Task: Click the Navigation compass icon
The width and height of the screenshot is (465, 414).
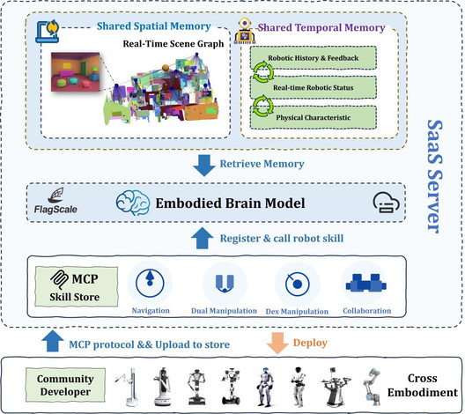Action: pos(150,283)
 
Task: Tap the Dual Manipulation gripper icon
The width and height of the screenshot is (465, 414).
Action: pos(225,284)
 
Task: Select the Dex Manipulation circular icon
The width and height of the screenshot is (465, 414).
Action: pos(297,284)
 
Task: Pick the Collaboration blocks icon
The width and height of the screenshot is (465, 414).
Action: pos(366,282)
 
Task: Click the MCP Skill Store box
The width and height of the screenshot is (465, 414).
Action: pos(77,286)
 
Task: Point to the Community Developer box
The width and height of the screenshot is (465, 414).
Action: pos(65,385)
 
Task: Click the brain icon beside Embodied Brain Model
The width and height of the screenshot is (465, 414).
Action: pos(133,203)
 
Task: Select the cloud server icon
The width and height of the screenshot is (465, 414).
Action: pos(386,203)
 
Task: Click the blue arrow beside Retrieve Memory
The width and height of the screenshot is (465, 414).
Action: pos(204,166)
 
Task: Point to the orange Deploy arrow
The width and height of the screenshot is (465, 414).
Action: pos(277,343)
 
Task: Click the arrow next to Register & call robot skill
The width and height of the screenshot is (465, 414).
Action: pos(203,238)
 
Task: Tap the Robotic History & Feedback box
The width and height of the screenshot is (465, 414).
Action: pos(314,58)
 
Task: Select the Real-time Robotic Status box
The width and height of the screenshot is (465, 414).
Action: pos(314,87)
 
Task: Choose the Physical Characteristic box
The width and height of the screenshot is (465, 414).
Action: pos(314,117)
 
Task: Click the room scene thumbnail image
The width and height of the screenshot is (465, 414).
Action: pos(76,72)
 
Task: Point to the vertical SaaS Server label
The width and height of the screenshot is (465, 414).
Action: pos(434,177)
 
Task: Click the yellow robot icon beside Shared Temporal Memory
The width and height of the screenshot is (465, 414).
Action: pos(244,31)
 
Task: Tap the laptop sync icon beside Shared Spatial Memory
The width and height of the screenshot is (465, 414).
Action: pos(48,32)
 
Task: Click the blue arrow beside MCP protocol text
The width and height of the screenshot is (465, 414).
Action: pos(53,341)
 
